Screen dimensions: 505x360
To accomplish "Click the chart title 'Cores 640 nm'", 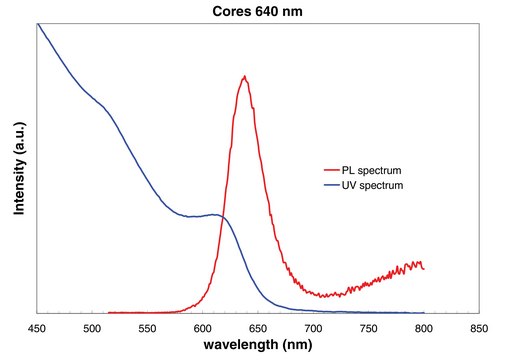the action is (257, 11).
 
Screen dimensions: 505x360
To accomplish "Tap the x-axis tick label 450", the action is (37, 329).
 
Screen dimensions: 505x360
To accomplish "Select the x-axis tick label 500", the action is (92, 329).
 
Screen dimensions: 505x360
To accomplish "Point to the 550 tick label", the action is (147, 329).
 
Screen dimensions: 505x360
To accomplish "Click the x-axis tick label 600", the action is (203, 329).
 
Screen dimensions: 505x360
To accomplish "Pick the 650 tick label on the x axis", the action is (258, 329).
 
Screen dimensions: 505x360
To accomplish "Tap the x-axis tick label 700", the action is (313, 329).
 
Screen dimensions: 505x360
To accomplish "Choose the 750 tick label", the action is (369, 329).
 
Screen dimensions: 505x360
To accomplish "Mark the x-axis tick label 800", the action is (424, 329).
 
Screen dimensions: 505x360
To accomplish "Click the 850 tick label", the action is (479, 329).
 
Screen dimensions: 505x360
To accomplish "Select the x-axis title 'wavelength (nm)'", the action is (258, 345).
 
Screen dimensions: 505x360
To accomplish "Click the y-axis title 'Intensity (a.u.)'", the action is (19, 168).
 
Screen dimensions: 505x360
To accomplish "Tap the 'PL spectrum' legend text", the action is (371, 170).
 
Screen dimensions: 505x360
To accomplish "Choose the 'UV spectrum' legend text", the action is (372, 185).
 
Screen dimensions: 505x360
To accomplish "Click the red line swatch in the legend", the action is (332, 170).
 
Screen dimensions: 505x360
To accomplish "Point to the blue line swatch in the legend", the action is (332, 185).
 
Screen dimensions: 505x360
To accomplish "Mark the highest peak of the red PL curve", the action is (245, 76).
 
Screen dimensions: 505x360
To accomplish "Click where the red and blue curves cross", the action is (222, 217).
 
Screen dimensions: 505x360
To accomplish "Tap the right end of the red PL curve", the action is (424, 269).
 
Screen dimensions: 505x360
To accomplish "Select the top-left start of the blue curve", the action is (38, 24).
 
